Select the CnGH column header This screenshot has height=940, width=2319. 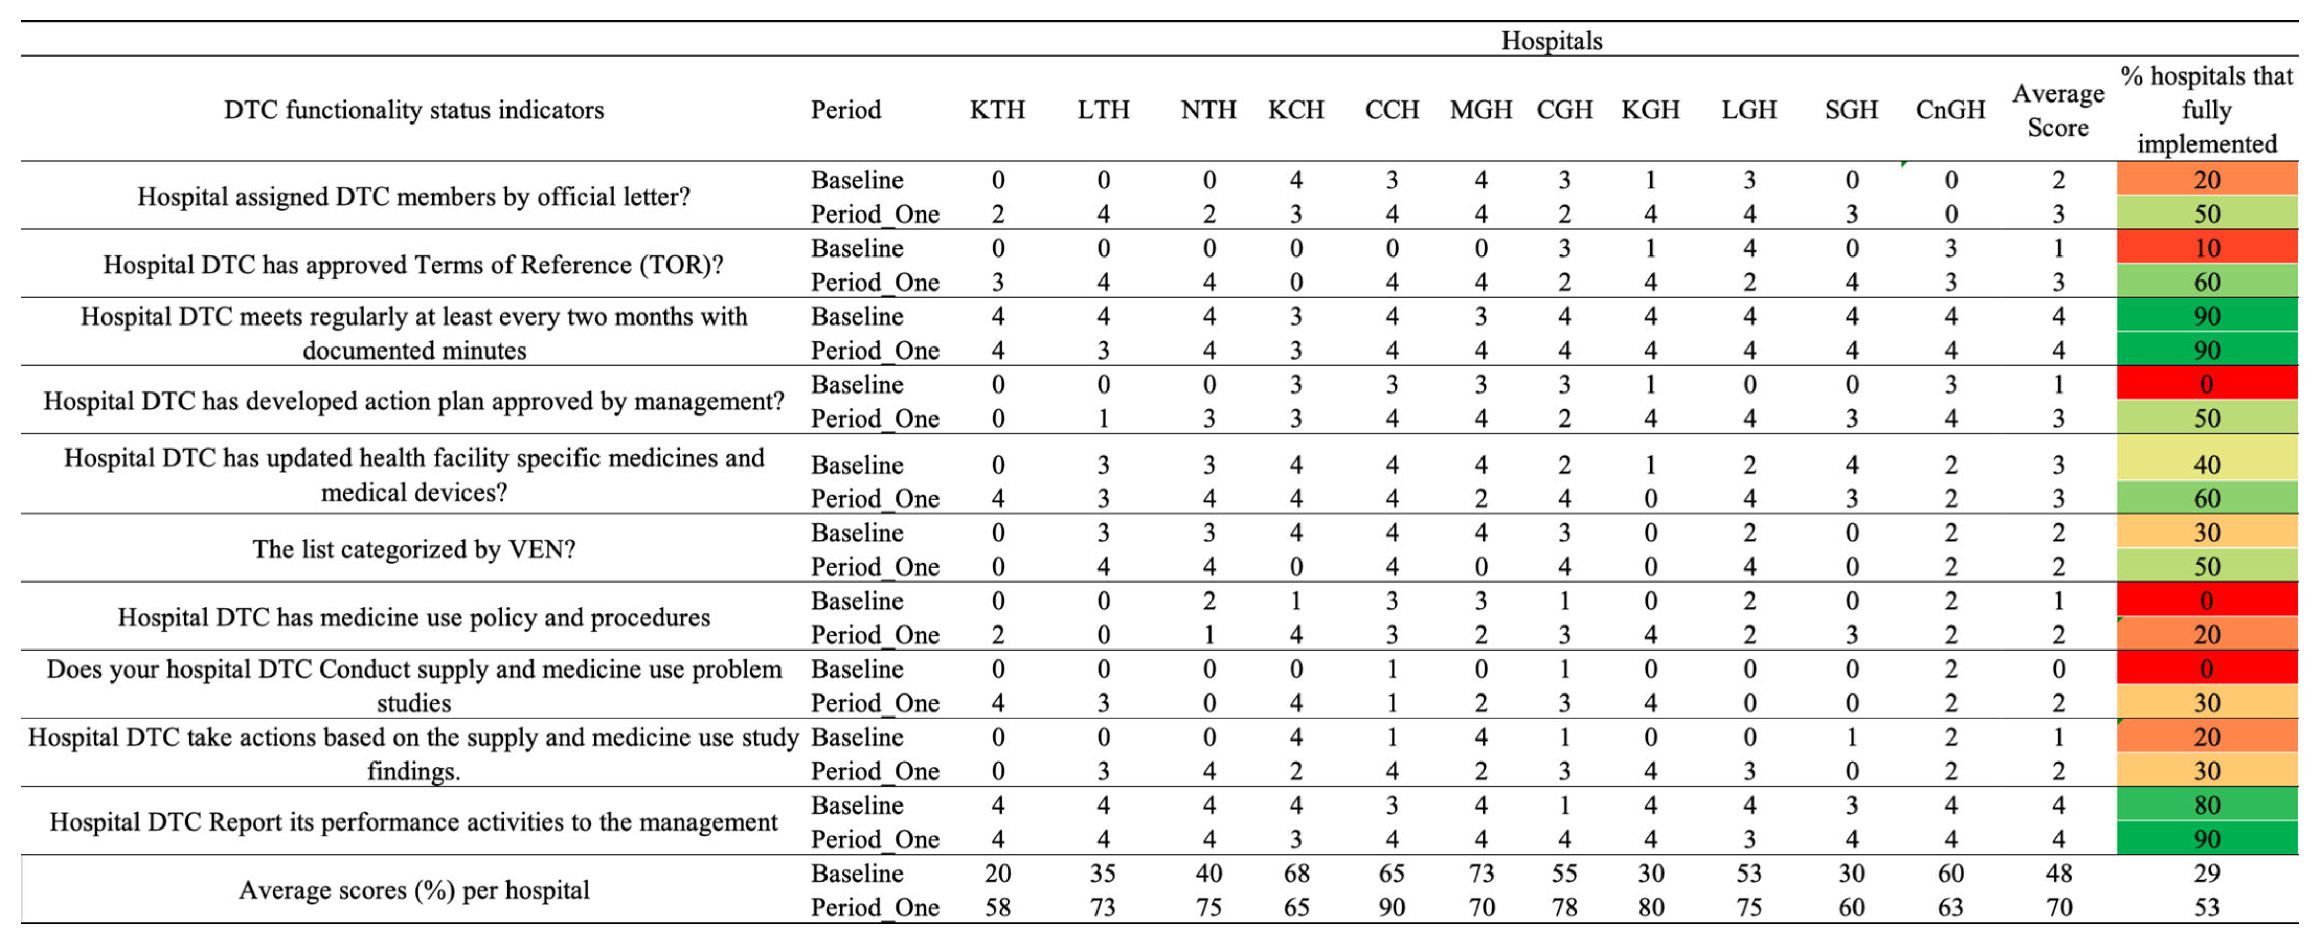coord(1950,110)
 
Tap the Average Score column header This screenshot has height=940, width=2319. coord(2058,110)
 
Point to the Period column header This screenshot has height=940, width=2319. coord(845,110)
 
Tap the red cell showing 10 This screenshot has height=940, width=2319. coord(2207,248)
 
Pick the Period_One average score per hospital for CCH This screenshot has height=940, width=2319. coord(1391,907)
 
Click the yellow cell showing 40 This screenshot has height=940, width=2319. coord(2207,465)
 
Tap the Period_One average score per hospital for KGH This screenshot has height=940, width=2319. coord(1650,907)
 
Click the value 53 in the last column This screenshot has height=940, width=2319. coord(2207,907)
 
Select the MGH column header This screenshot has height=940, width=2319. coord(1481,110)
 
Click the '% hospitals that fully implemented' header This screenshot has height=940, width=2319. coord(2207,110)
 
